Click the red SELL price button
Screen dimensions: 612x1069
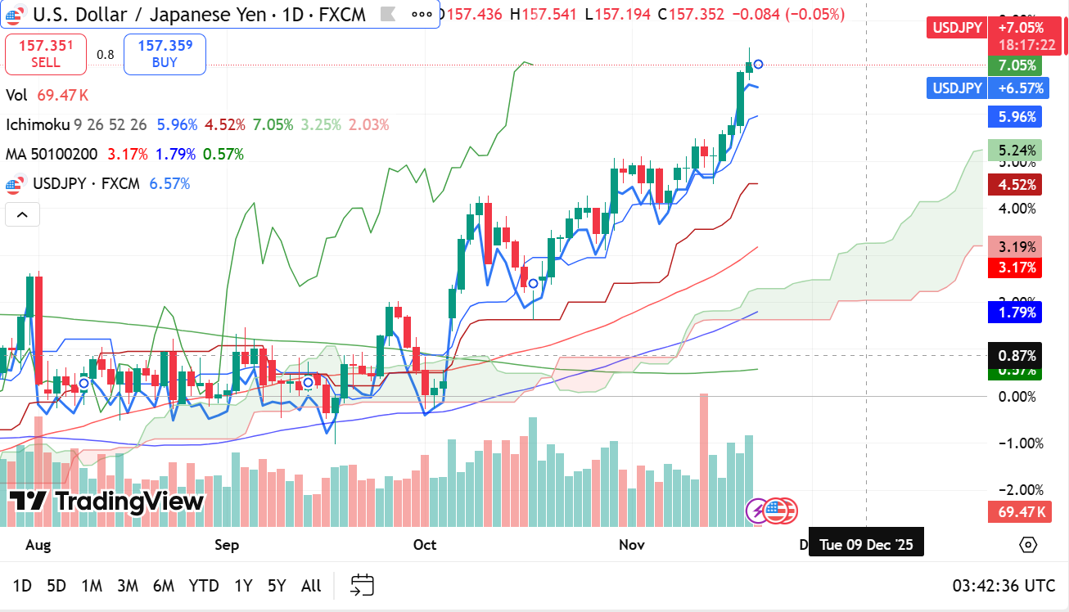pos(46,55)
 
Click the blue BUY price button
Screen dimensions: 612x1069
pos(165,55)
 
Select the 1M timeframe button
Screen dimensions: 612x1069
pos(92,586)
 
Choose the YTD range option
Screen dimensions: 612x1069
pos(204,586)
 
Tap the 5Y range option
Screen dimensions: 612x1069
pos(277,586)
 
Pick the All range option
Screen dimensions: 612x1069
pos(311,586)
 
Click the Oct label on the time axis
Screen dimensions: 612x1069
pos(425,545)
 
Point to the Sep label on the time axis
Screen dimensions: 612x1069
pos(227,545)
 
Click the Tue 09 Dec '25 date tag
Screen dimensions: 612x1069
pos(866,545)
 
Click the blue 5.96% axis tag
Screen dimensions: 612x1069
pos(1016,116)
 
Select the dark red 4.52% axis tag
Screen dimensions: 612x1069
pos(1016,185)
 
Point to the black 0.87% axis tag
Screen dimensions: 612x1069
pos(1016,356)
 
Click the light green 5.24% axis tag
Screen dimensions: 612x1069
pos(1016,151)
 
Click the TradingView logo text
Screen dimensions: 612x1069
pos(106,502)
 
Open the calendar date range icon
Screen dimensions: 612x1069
pos(362,585)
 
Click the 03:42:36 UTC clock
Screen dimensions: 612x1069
pos(1004,586)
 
